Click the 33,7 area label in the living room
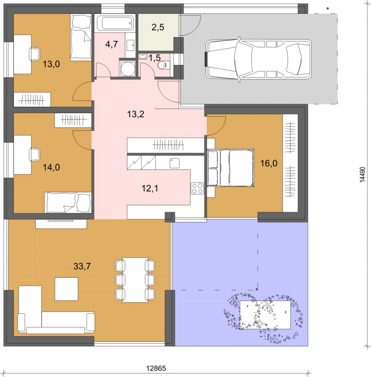(82, 266)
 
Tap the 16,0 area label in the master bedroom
(269, 163)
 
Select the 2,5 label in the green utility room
(158, 27)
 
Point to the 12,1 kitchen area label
(150, 188)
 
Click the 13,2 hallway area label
(135, 114)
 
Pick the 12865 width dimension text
(156, 368)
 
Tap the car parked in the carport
(258, 59)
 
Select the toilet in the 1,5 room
(164, 65)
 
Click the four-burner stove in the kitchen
(197, 188)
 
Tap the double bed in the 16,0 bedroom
(230, 167)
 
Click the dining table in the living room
(135, 280)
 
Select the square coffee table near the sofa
(66, 289)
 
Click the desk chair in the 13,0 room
(34, 54)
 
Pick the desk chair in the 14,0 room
(34, 154)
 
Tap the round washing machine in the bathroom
(128, 69)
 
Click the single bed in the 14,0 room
(68, 203)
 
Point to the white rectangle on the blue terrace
(265, 315)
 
